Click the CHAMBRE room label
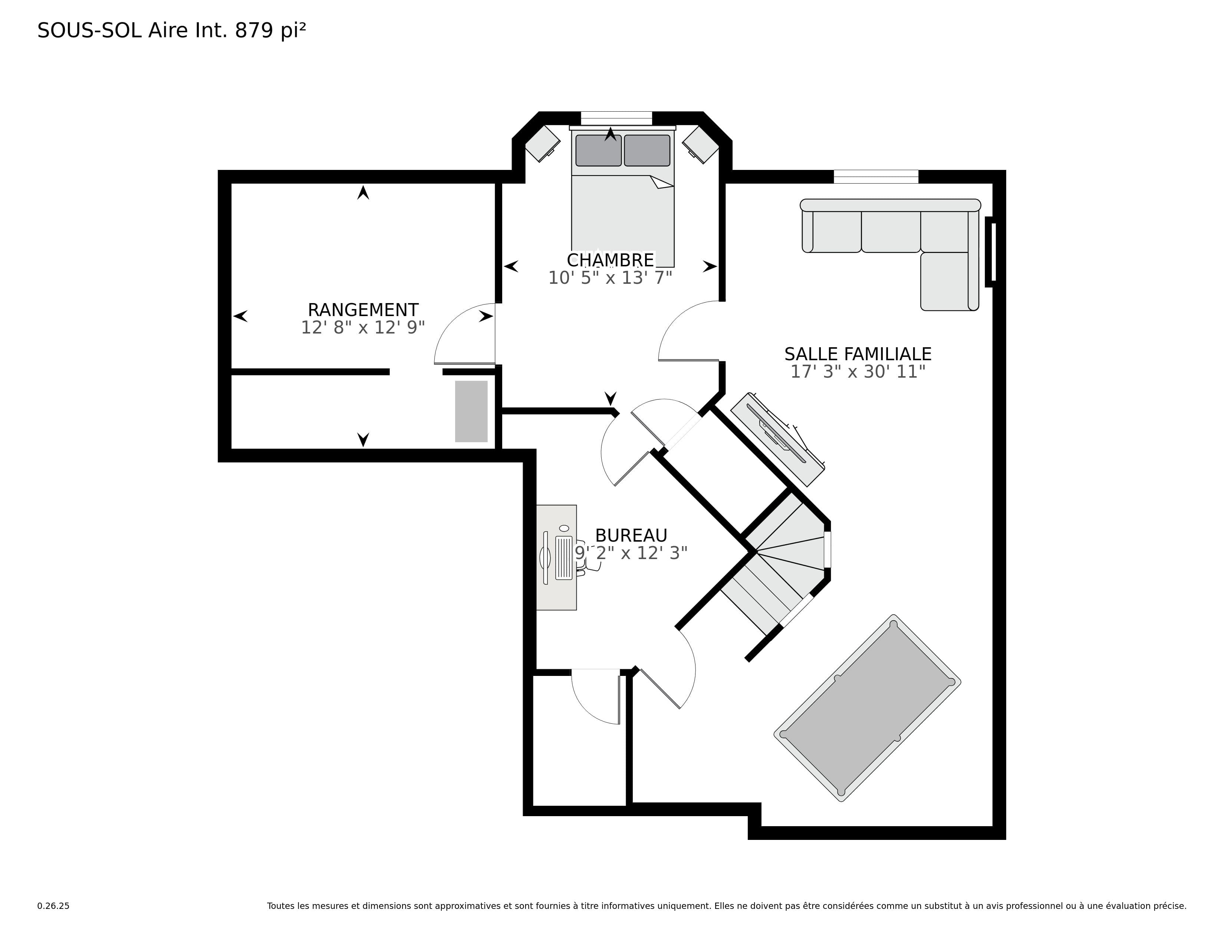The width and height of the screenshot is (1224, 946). [x=610, y=260]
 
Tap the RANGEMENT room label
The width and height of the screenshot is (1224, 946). [x=363, y=310]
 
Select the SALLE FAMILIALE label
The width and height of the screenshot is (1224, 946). [x=858, y=354]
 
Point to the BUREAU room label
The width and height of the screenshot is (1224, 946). [x=631, y=535]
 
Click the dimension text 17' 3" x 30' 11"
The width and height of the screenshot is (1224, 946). [x=858, y=372]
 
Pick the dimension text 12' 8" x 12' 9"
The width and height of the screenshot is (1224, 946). [x=363, y=327]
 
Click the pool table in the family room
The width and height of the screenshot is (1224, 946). [x=867, y=708]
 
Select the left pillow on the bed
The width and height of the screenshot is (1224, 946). [x=599, y=150]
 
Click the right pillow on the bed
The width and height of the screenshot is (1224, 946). [x=647, y=150]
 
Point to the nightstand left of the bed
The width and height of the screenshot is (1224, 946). [x=542, y=144]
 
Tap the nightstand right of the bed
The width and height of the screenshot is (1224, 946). [x=701, y=144]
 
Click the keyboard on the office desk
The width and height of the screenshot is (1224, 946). [x=564, y=558]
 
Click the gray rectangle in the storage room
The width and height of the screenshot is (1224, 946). [x=471, y=411]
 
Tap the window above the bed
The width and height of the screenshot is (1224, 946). [x=616, y=118]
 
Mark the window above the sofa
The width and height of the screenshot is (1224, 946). [x=876, y=177]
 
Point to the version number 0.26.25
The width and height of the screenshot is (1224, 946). [x=53, y=906]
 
